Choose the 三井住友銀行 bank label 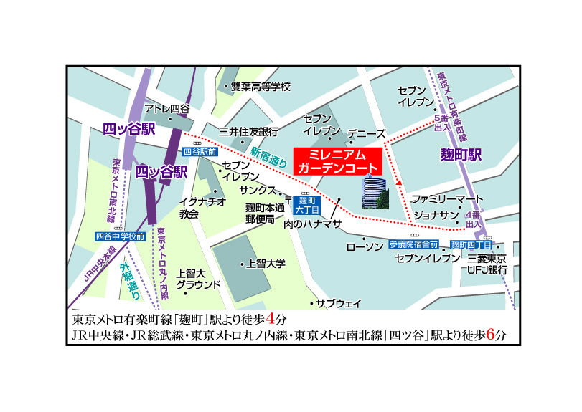tap(248, 132)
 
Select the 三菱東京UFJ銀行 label tap(487, 264)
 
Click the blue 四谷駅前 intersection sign tap(200, 152)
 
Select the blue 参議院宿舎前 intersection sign tap(413, 244)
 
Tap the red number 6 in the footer tap(490, 334)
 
